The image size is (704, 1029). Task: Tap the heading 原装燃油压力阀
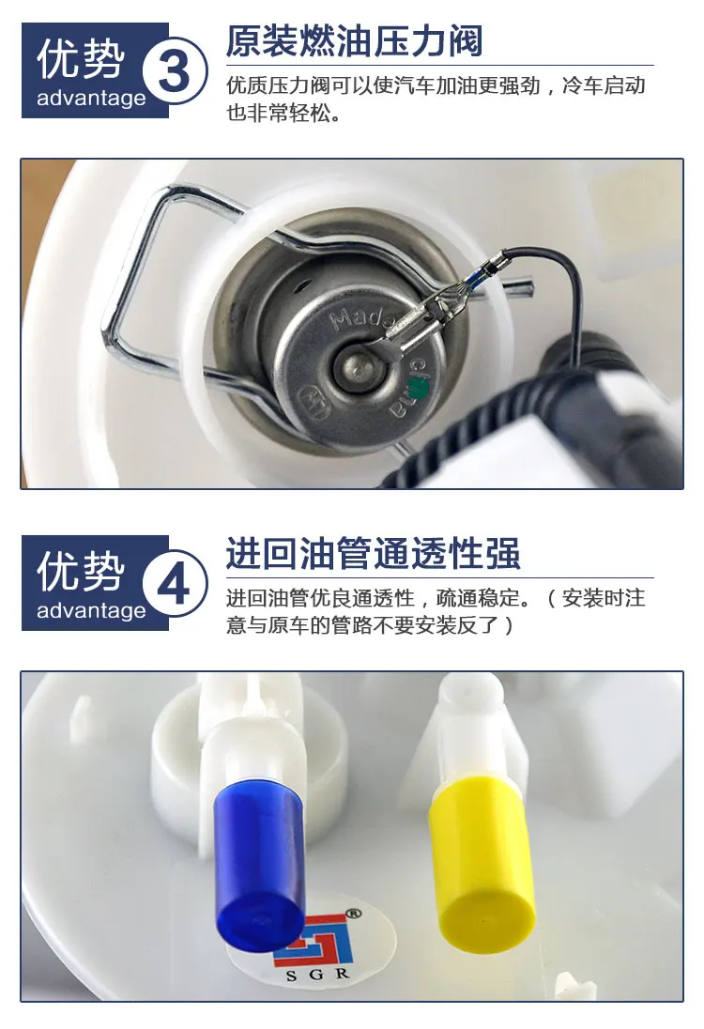[354, 42]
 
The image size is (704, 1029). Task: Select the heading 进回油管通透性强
[373, 554]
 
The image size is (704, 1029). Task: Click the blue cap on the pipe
[260, 859]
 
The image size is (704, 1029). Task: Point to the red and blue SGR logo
[310, 939]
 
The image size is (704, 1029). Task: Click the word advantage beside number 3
[91, 98]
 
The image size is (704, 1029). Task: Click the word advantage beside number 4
[91, 610]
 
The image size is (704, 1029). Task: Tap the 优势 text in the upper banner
[81, 59]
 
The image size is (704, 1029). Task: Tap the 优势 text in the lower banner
[81, 572]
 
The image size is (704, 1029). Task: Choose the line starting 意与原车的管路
[371, 625]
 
